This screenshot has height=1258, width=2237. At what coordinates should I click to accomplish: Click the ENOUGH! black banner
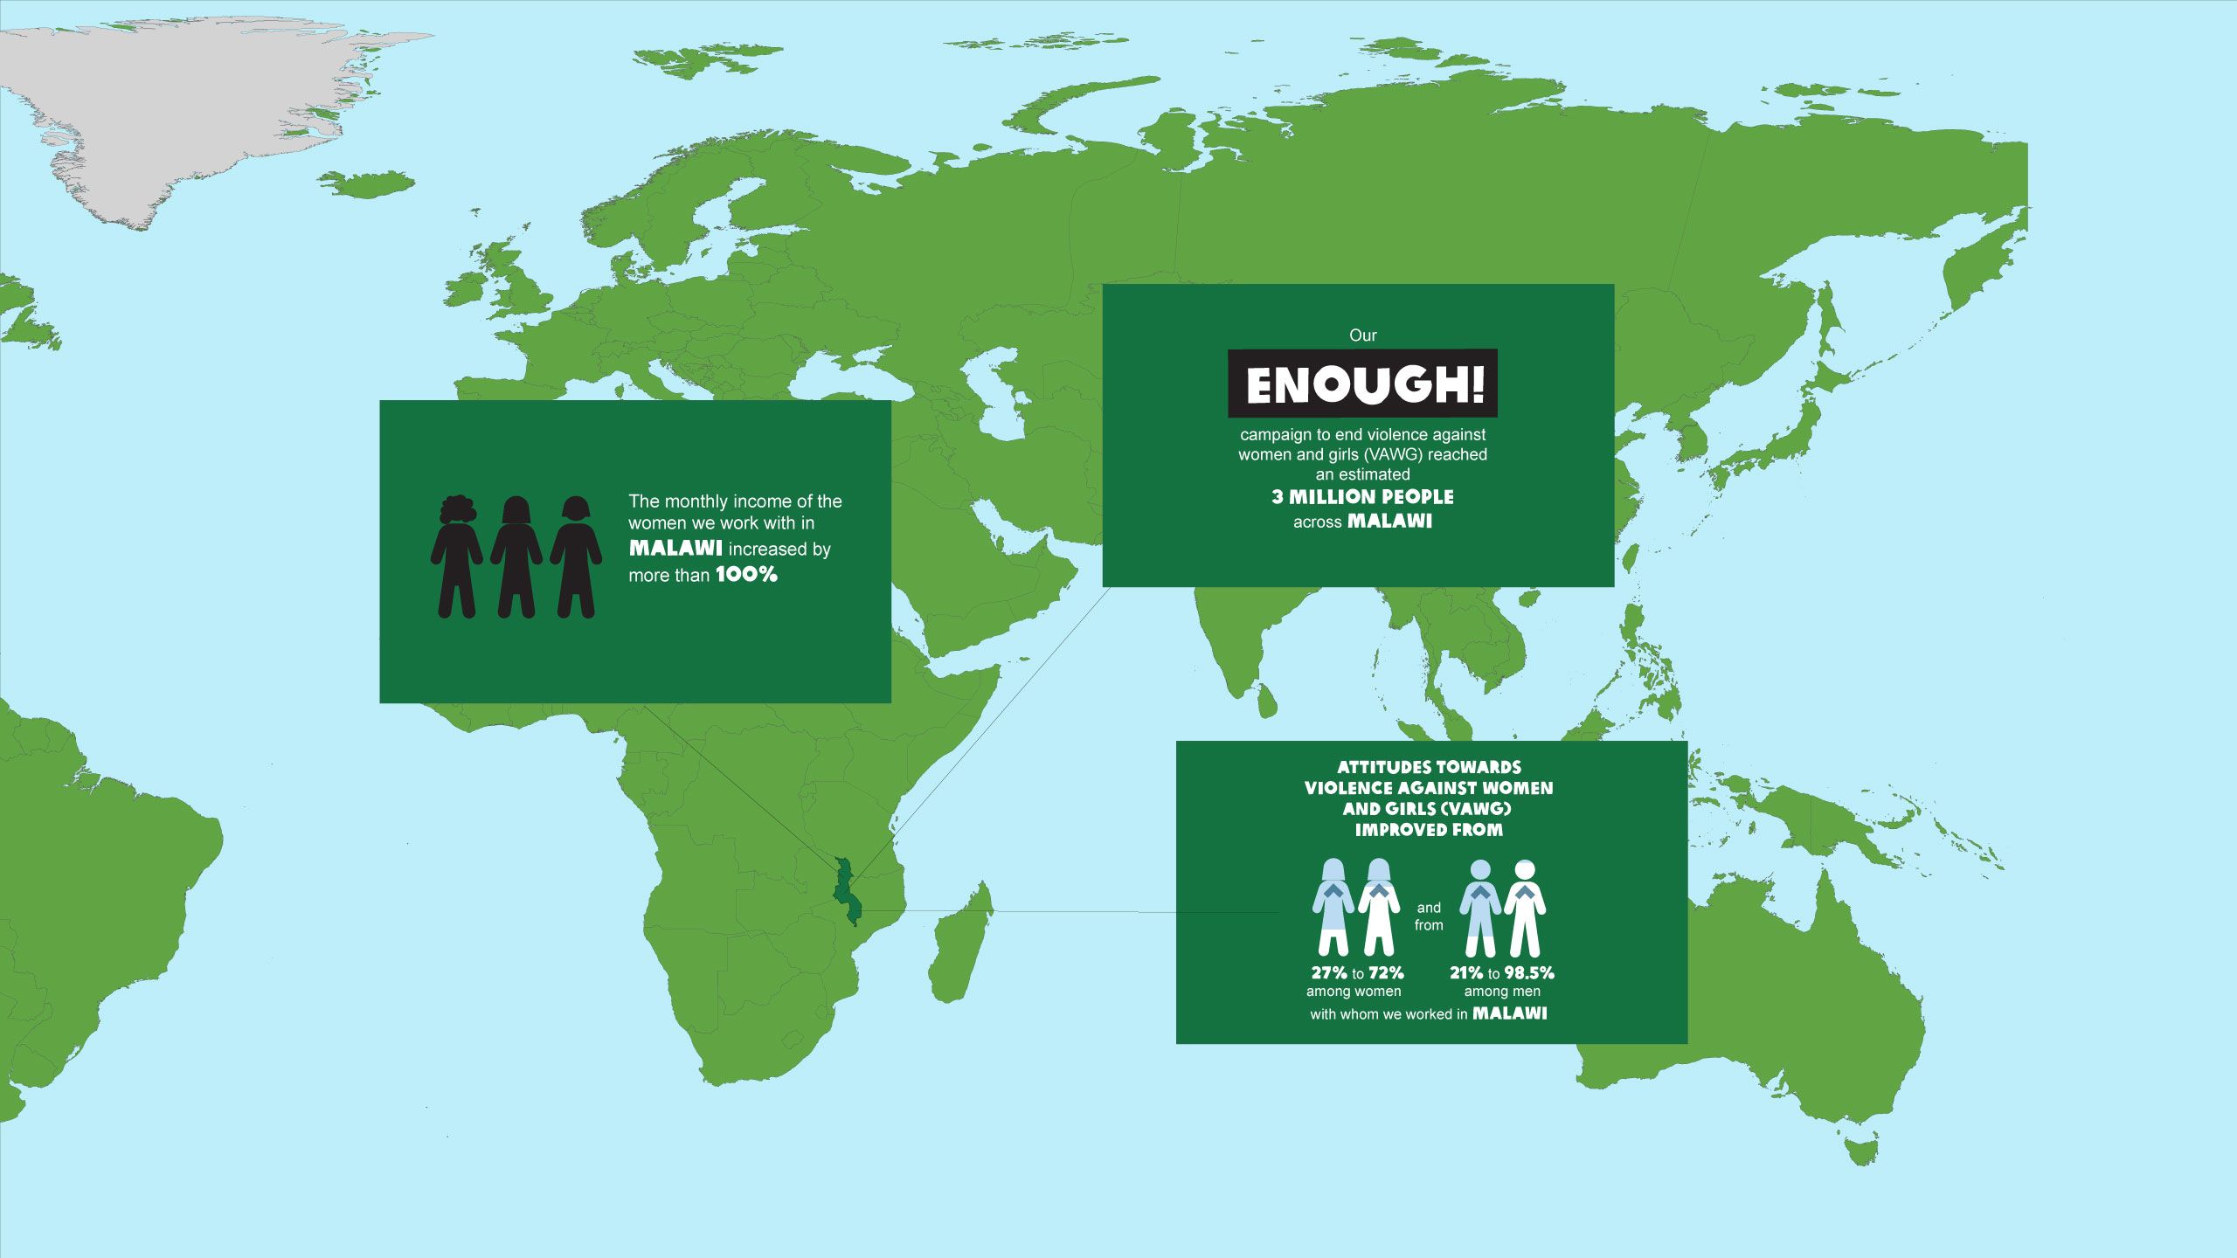1362,384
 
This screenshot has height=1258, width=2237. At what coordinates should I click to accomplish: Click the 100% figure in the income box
746,575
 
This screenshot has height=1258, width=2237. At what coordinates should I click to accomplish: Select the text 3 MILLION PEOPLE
1362,497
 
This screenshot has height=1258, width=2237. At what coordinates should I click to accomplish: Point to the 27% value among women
1328,972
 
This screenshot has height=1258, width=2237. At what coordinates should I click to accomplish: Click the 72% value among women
1387,972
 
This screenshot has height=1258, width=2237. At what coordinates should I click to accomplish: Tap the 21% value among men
1466,972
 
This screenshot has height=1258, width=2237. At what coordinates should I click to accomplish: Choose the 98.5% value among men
1529,972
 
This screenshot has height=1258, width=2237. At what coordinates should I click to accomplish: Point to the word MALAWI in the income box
675,549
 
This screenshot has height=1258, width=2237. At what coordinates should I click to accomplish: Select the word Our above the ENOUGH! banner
1362,335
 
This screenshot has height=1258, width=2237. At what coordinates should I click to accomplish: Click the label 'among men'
1502,992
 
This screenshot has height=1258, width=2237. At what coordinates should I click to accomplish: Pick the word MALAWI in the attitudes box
1509,1013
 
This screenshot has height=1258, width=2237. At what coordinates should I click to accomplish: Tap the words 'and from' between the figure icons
1429,916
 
